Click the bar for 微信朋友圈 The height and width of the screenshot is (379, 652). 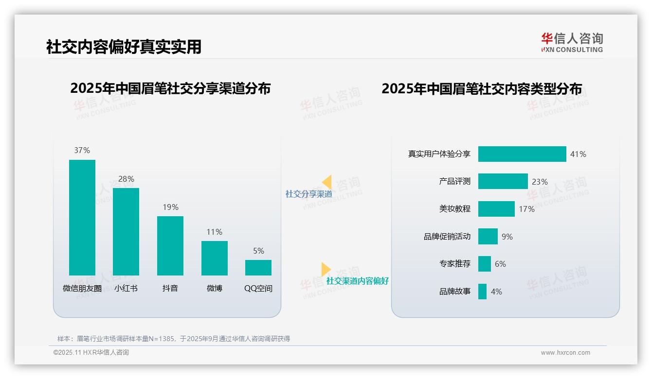coord(82,217)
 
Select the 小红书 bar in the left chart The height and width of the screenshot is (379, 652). coord(126,231)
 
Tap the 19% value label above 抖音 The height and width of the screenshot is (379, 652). coord(170,207)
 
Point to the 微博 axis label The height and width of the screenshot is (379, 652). coord(214,288)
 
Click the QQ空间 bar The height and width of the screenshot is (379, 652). coord(258,267)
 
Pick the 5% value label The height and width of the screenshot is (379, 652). coord(258,251)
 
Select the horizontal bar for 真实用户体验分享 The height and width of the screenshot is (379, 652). coord(522,154)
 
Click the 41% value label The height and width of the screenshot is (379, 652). coord(578,154)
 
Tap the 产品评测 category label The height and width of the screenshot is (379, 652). coord(454,181)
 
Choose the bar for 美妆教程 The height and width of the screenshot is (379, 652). coord(496,209)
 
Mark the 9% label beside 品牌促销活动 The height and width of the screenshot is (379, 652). coord(507,237)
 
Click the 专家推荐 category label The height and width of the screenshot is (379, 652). coord(454,264)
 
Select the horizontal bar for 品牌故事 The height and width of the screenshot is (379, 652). coord(482,292)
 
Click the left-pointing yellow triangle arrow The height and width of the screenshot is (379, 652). coord(327,182)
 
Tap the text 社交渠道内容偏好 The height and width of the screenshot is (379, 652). coord(357,281)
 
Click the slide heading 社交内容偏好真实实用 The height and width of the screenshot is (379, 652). coord(124,47)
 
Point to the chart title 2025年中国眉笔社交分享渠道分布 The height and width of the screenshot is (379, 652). coord(170,88)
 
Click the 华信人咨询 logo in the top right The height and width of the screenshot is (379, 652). coord(572,42)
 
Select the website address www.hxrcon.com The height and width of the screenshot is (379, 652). coord(565,353)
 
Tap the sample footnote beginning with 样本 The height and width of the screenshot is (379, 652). coord(174,339)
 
